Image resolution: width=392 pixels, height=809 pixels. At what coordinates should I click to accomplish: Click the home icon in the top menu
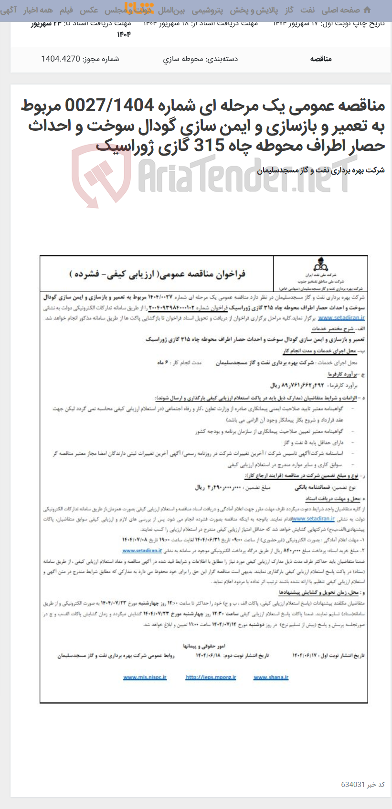[x=367, y=10]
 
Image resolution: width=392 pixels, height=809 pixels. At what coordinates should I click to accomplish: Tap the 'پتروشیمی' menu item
[x=207, y=10]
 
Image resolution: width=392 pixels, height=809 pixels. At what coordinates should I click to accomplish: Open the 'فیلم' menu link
[x=66, y=10]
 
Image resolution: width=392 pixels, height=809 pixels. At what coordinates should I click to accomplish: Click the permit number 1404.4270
[x=61, y=59]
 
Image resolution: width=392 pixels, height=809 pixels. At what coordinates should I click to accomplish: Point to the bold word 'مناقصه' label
[x=321, y=59]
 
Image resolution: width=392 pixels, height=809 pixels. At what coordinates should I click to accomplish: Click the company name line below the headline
[x=320, y=170]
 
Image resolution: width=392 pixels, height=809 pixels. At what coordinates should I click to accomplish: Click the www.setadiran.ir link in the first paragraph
[x=341, y=318]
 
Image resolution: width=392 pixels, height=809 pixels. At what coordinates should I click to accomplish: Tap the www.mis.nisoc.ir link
[x=145, y=677]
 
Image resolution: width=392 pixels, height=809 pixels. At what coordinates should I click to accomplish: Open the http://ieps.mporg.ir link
[x=211, y=677]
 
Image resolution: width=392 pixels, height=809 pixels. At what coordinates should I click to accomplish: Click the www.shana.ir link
[x=271, y=677]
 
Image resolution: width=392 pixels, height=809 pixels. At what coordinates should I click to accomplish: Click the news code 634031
[x=353, y=785]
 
